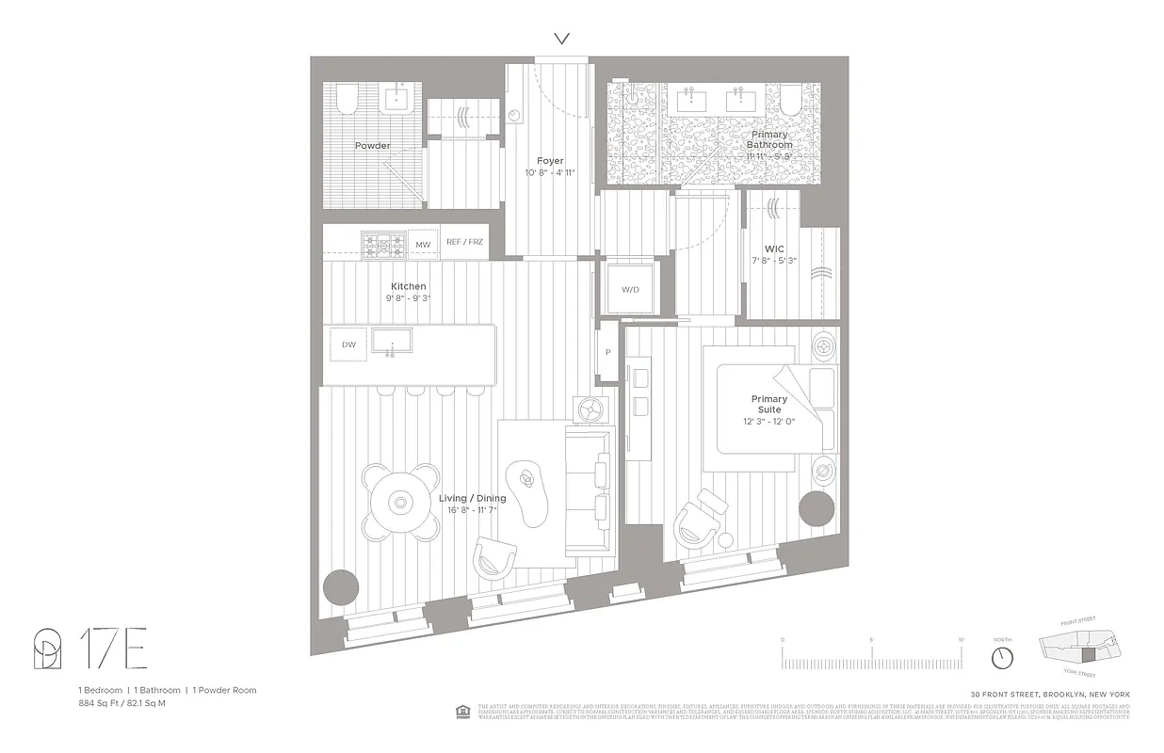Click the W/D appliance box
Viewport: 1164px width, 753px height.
coord(630,289)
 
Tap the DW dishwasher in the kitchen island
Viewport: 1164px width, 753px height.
coord(349,344)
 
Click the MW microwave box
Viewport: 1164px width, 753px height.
coord(423,245)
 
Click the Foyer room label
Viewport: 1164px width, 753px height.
coord(550,161)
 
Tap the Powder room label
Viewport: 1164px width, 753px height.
coord(372,146)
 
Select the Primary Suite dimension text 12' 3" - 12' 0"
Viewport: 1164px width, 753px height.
coord(769,421)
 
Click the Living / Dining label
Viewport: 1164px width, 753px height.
coord(473,499)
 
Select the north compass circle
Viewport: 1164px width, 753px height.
coord(1003,653)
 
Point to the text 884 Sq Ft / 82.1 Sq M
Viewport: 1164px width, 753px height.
coord(122,703)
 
